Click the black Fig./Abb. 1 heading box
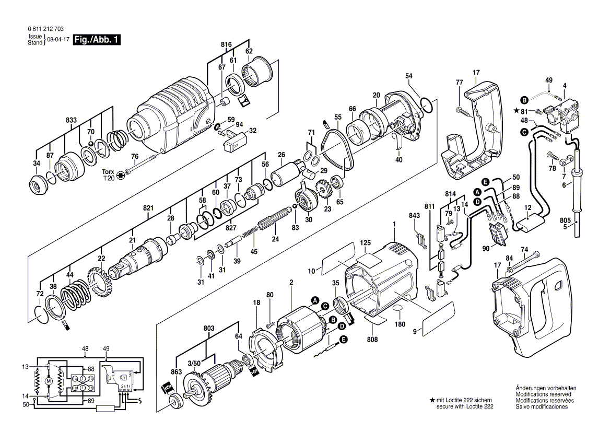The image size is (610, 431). pyautogui.click(x=97, y=40)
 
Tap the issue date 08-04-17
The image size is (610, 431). pyautogui.click(x=58, y=40)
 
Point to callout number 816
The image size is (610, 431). pyautogui.click(x=226, y=45)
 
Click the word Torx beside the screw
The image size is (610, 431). pyautogui.click(x=108, y=171)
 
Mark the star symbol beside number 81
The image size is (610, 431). pyautogui.click(x=518, y=111)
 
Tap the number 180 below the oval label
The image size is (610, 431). pyautogui.click(x=400, y=324)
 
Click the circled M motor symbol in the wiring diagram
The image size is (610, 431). pyautogui.click(x=49, y=381)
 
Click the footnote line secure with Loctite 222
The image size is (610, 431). pyautogui.click(x=465, y=406)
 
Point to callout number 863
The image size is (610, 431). pyautogui.click(x=177, y=371)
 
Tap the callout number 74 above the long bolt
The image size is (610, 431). pyautogui.click(x=524, y=249)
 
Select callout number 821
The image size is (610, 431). pyautogui.click(x=148, y=208)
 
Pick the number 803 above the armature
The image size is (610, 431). pyautogui.click(x=209, y=328)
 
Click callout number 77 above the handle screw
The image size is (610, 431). pyautogui.click(x=459, y=83)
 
